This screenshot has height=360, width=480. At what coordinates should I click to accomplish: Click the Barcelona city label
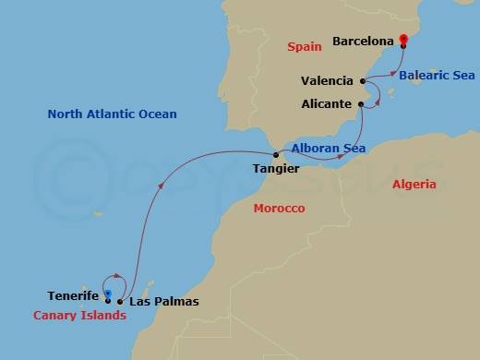coord(364,42)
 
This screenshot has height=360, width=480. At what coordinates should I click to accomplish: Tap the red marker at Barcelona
coord(403,40)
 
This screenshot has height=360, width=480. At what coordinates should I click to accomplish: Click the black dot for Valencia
coord(363,81)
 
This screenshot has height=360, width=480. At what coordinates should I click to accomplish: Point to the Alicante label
coord(327,104)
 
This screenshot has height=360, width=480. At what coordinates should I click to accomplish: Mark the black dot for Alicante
coord(360,104)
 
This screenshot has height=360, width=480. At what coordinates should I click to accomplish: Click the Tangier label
coord(274,169)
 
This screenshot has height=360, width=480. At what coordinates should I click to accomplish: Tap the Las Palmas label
coord(163,302)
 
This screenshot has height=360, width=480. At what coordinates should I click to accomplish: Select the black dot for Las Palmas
coord(120,301)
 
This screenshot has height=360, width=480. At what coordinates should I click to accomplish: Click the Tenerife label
coord(73,296)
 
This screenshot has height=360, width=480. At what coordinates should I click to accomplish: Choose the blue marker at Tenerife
coord(108,295)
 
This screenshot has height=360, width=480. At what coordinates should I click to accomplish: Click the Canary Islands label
coord(79,315)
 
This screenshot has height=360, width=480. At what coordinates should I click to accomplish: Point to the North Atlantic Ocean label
coord(112,114)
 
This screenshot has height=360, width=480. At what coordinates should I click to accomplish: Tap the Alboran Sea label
coord(328,148)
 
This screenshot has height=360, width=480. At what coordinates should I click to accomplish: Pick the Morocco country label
coord(279,209)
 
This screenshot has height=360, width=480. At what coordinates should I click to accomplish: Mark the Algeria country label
coord(414,185)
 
